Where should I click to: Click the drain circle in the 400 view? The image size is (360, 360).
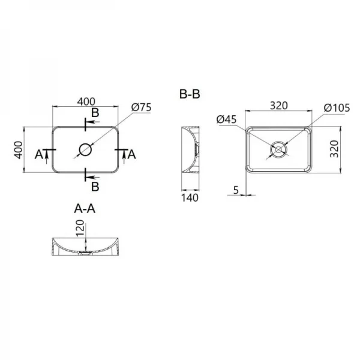click(85, 149)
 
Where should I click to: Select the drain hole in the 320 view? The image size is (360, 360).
click(278, 148)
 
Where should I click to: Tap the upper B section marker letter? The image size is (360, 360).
click(95, 113)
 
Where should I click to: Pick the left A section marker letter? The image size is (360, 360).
click(40, 155)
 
